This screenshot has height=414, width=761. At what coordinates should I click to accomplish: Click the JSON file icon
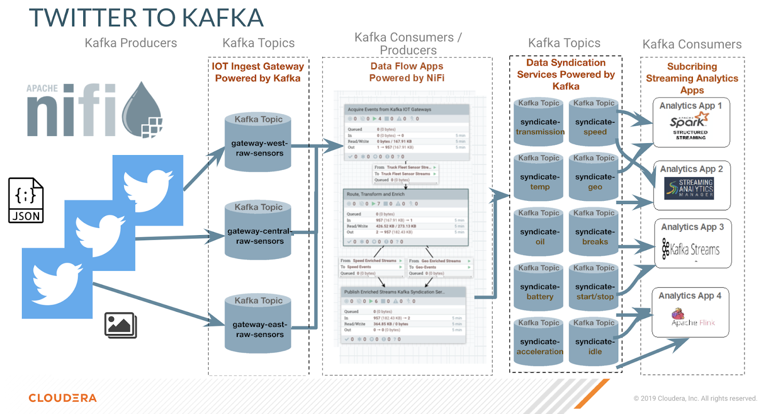(x=26, y=200)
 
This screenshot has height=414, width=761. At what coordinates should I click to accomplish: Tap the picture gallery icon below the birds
(x=120, y=325)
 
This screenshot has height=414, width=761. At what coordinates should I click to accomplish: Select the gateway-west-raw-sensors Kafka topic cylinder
(x=258, y=142)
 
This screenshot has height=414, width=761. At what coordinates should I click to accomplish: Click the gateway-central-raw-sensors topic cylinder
(x=258, y=230)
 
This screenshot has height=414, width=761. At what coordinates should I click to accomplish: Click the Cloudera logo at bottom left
(x=62, y=398)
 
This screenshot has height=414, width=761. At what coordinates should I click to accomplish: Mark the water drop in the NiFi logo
(x=142, y=110)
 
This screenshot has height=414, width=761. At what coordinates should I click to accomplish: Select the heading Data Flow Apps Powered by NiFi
(x=407, y=72)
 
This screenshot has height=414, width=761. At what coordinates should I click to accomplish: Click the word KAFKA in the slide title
(x=223, y=18)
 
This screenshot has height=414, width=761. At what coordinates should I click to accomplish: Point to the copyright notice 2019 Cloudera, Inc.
(x=695, y=398)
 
